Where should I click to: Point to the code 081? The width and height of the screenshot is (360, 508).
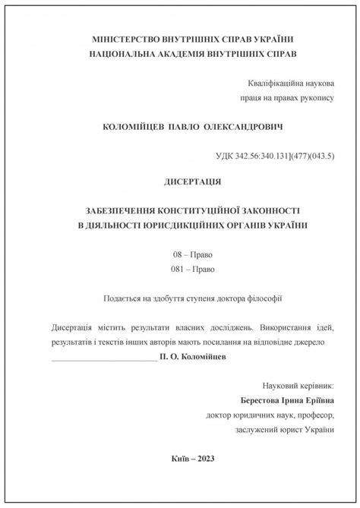click(x=179, y=269)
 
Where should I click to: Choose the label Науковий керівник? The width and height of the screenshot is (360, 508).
click(x=302, y=387)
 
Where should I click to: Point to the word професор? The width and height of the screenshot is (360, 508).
click(x=314, y=415)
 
